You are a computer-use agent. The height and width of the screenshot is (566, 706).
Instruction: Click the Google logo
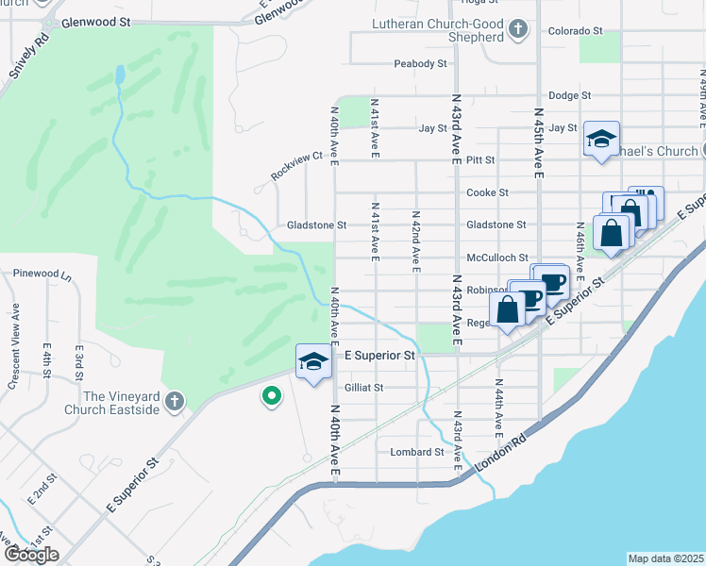[31, 555]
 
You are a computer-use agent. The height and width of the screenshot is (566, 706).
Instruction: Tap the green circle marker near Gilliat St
[272, 396]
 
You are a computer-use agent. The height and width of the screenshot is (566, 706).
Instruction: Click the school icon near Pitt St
[600, 140]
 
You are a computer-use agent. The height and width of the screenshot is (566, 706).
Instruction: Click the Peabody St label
[421, 64]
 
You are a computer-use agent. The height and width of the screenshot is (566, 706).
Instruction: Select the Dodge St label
[569, 95]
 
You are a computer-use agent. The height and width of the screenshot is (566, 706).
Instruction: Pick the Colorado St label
[575, 30]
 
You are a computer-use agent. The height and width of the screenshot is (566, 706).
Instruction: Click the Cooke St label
[488, 192]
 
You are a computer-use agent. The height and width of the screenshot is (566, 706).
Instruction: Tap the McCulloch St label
[496, 258]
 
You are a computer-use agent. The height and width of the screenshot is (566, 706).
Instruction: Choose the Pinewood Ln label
[42, 274]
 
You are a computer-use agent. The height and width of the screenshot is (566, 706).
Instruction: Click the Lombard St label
[416, 452]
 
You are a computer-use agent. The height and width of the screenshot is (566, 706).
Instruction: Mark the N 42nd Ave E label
[415, 241]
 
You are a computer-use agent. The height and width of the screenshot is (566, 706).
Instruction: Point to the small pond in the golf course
[120, 75]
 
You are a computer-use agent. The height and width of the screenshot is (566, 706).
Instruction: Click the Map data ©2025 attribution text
[665, 558]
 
